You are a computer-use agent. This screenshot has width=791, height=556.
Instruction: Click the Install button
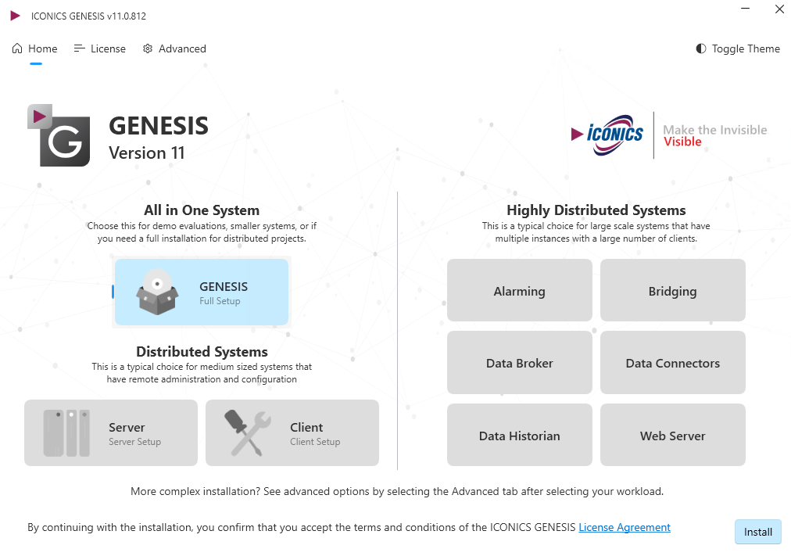757,532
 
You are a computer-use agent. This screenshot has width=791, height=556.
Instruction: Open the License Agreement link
625,527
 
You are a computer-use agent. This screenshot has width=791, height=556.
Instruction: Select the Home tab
35,49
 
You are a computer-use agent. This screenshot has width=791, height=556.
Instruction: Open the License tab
100,49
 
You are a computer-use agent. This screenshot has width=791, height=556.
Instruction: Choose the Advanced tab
174,49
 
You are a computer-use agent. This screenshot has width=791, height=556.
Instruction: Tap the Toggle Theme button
738,49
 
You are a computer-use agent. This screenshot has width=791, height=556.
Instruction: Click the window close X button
779,9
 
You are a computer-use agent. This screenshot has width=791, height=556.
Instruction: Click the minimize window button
745,9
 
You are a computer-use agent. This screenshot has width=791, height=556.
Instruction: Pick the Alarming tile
520,291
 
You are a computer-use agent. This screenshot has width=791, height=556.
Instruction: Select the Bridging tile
673,291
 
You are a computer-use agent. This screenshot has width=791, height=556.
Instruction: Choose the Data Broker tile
520,363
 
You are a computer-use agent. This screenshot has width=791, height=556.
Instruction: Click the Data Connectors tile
673,363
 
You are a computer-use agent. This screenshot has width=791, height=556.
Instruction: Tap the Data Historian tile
520,435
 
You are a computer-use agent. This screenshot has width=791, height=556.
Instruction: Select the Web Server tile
673,435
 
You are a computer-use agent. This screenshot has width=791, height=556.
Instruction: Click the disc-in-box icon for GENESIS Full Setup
157,292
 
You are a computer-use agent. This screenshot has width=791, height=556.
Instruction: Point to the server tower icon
66,433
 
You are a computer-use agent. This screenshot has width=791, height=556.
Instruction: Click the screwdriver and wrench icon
248,433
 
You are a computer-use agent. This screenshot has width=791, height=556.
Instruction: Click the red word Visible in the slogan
682,142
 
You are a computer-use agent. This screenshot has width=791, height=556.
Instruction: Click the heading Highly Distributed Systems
596,210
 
